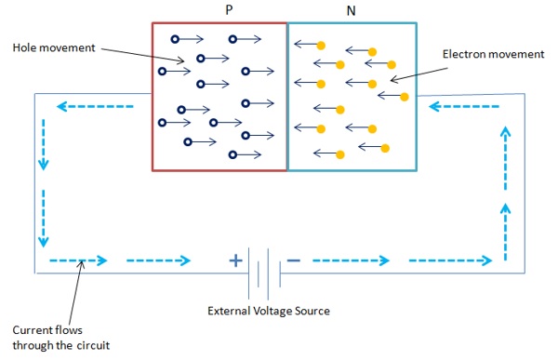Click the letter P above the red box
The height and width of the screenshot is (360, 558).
pyautogui.click(x=229, y=9)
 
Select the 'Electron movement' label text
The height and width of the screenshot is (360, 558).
pyautogui.click(x=494, y=55)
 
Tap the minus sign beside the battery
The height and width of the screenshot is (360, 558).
pyautogui.click(x=293, y=260)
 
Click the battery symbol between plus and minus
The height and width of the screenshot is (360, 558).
pyautogui.click(x=263, y=260)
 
